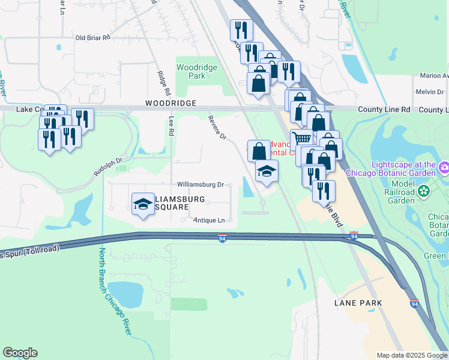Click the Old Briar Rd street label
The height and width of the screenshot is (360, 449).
click(93, 37)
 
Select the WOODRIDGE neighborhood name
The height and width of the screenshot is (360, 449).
click(170, 104)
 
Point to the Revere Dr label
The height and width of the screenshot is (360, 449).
click(218, 128)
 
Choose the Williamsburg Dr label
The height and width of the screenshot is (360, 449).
click(200, 185)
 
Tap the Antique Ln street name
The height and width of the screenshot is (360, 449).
click(208, 221)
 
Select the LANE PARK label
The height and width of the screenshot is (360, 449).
click(358, 303)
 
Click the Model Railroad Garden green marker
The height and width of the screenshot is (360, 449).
click(424, 191)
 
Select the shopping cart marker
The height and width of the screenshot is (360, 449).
click(302, 139)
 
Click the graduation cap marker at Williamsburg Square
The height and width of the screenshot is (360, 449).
click(143, 203)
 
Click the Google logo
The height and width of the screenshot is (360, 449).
click(20, 353)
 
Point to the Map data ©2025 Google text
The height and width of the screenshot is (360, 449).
click(412, 355)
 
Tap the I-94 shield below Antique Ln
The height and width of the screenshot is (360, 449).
click(222, 238)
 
